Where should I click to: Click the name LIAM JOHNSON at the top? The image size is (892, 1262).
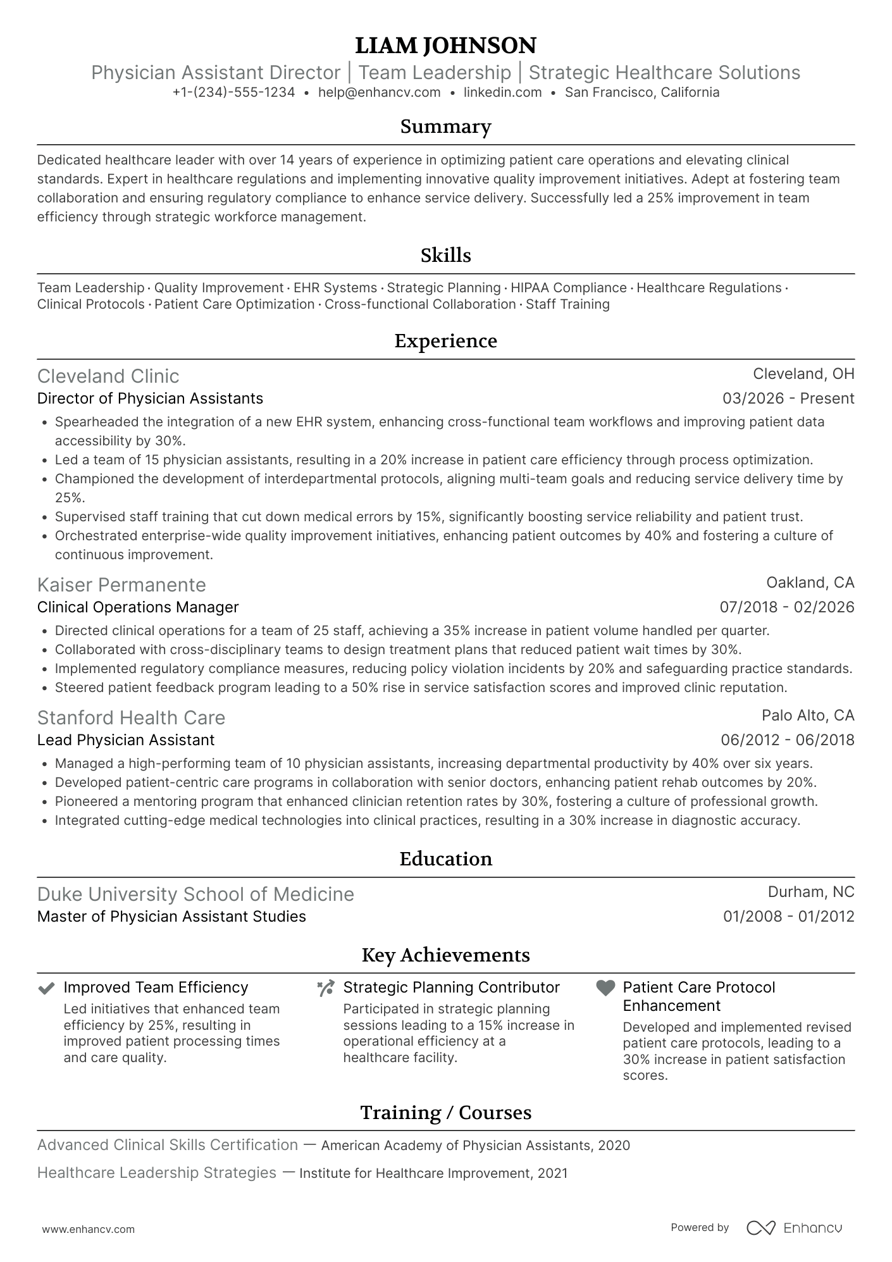click(445, 46)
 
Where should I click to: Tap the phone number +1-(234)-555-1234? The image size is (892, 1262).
click(233, 92)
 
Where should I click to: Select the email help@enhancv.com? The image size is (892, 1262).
click(379, 92)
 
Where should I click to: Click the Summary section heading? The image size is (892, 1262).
click(445, 127)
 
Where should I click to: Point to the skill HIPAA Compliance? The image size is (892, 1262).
click(568, 288)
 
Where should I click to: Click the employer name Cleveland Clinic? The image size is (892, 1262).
click(108, 376)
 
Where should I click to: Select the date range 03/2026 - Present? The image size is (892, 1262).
click(788, 399)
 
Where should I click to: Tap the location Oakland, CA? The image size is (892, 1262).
click(810, 582)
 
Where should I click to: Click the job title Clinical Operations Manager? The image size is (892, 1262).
click(138, 607)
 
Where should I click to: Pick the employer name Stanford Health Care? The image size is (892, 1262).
click(131, 718)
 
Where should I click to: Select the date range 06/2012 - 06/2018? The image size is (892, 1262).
click(787, 740)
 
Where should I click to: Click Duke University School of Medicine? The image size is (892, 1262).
click(195, 894)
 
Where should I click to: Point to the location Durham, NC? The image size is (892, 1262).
click(810, 892)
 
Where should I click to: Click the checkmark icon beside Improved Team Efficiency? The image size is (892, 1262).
click(46, 988)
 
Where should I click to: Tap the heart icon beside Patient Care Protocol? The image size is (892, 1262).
click(605, 988)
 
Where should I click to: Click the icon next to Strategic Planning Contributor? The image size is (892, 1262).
click(326, 988)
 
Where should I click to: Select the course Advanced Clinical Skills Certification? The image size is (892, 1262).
click(168, 1145)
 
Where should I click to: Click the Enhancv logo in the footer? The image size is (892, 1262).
click(794, 1228)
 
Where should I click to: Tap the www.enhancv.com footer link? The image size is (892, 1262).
click(88, 1229)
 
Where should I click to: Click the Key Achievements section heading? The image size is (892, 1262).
click(445, 955)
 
